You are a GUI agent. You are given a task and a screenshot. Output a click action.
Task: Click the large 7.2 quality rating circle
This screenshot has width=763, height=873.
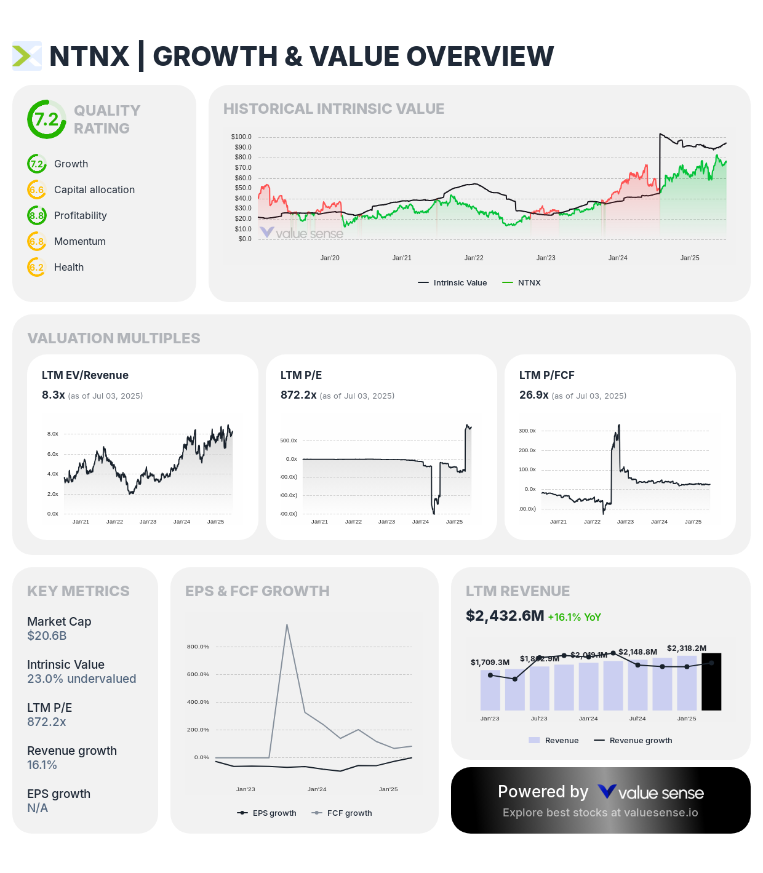pos(47,119)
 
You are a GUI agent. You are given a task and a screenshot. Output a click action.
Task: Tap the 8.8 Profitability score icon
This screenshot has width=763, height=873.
pos(37,215)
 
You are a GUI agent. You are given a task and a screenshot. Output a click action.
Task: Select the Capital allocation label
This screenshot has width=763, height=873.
pos(94,189)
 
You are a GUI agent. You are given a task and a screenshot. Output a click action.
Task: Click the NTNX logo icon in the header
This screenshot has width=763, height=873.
pos(27,56)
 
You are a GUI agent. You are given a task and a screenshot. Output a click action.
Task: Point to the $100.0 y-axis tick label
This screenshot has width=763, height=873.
pos(241,137)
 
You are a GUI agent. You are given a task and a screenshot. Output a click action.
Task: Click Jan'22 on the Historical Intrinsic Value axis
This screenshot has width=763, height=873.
pos(474,258)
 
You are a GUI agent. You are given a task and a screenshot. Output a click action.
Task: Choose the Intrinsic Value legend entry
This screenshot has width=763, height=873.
pos(453,283)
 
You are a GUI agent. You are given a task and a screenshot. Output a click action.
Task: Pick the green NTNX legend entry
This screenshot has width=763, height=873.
pos(522,283)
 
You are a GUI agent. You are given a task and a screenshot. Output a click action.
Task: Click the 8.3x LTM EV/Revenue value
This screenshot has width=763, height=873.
pos(54,395)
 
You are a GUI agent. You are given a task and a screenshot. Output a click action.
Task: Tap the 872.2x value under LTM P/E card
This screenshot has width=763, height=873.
pos(298,395)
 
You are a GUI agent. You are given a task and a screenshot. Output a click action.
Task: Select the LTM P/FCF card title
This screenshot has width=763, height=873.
pos(546,375)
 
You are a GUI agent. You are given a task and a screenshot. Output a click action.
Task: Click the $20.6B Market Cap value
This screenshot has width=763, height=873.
pos(47,636)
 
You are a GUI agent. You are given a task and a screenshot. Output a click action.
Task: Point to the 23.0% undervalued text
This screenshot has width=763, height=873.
pos(82,679)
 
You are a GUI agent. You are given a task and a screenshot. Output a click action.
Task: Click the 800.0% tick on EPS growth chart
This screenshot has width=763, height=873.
pos(198,647)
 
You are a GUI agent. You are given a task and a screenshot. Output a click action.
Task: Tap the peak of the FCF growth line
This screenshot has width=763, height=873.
pos(287,625)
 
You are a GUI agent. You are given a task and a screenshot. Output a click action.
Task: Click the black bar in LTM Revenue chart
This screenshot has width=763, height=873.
pos(711,682)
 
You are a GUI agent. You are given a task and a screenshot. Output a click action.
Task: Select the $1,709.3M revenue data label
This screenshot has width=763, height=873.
pos(490,662)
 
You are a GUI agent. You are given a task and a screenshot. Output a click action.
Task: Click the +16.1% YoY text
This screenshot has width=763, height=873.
pos(574,617)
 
